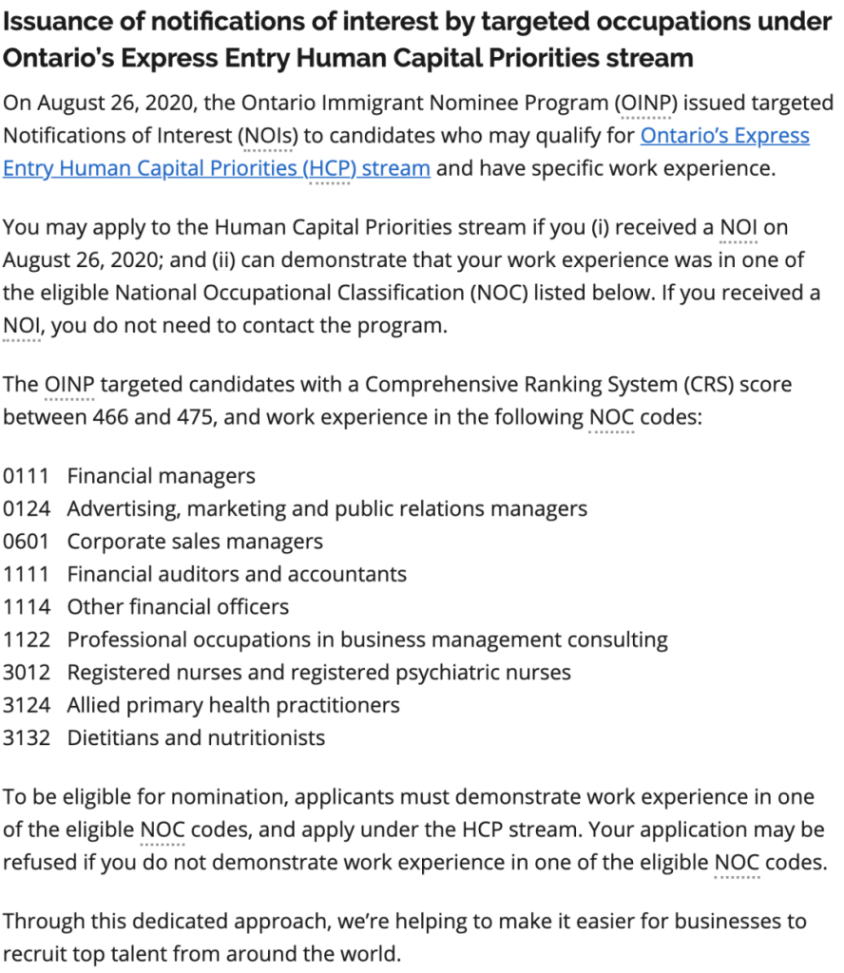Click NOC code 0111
27,475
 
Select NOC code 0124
27,508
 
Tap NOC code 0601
27,542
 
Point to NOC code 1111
27,574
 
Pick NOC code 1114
27,606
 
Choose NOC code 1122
27,639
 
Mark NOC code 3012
27,673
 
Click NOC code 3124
27,705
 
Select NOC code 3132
27,738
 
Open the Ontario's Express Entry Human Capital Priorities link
724,136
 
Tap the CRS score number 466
115,417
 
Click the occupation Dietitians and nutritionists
196,738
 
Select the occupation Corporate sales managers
195,542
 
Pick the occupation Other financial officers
178,606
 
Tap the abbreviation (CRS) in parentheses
700,385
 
